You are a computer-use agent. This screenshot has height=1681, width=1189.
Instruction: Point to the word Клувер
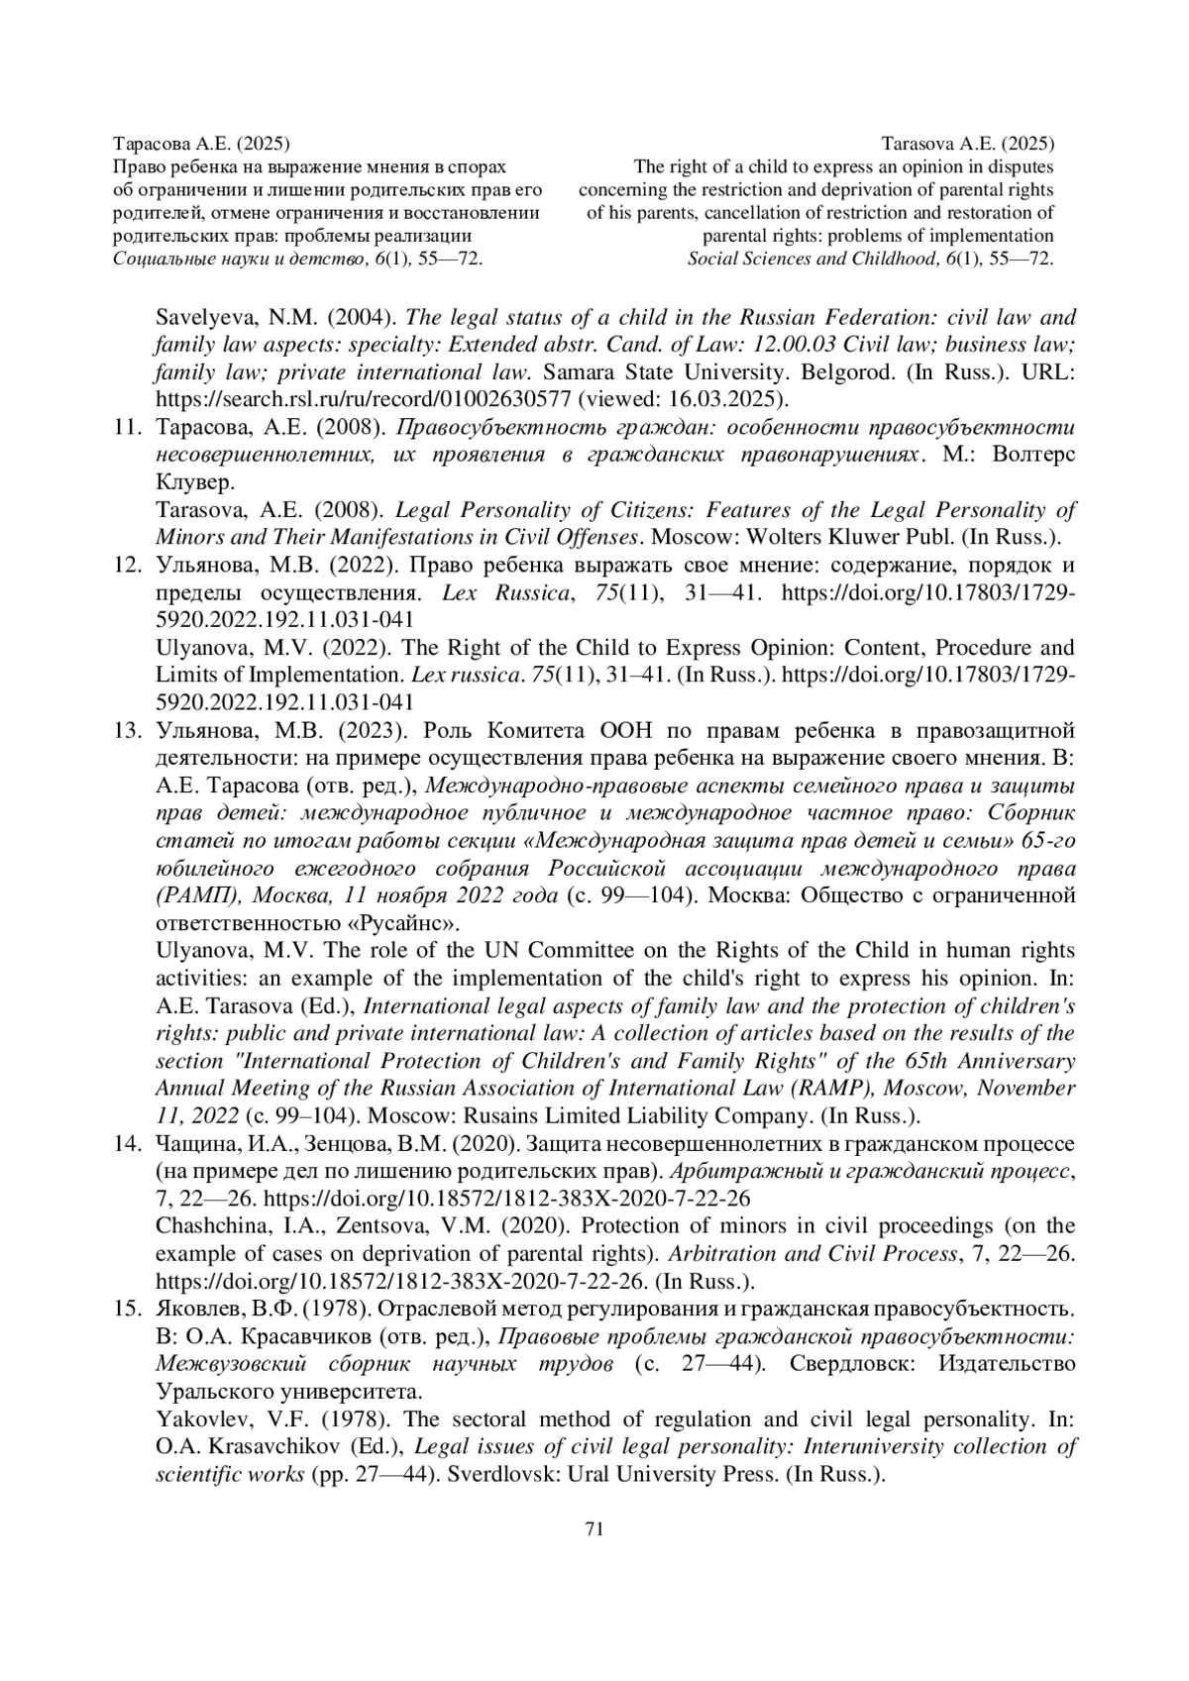click(x=195, y=483)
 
